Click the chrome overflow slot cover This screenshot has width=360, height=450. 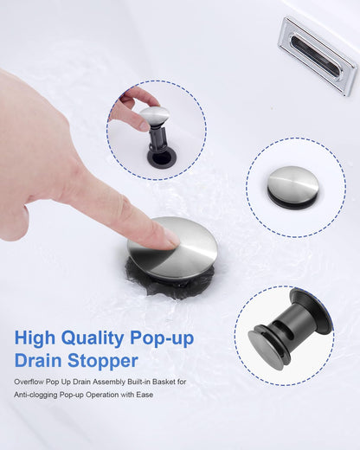[x=317, y=55]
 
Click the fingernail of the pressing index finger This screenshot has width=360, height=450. [x=171, y=241]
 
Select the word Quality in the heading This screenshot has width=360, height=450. [x=93, y=338]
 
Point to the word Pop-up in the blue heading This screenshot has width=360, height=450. [x=162, y=338]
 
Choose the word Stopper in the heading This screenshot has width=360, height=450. [x=103, y=362]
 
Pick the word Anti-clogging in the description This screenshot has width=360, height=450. [x=35, y=395]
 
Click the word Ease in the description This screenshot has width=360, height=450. [x=145, y=395]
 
